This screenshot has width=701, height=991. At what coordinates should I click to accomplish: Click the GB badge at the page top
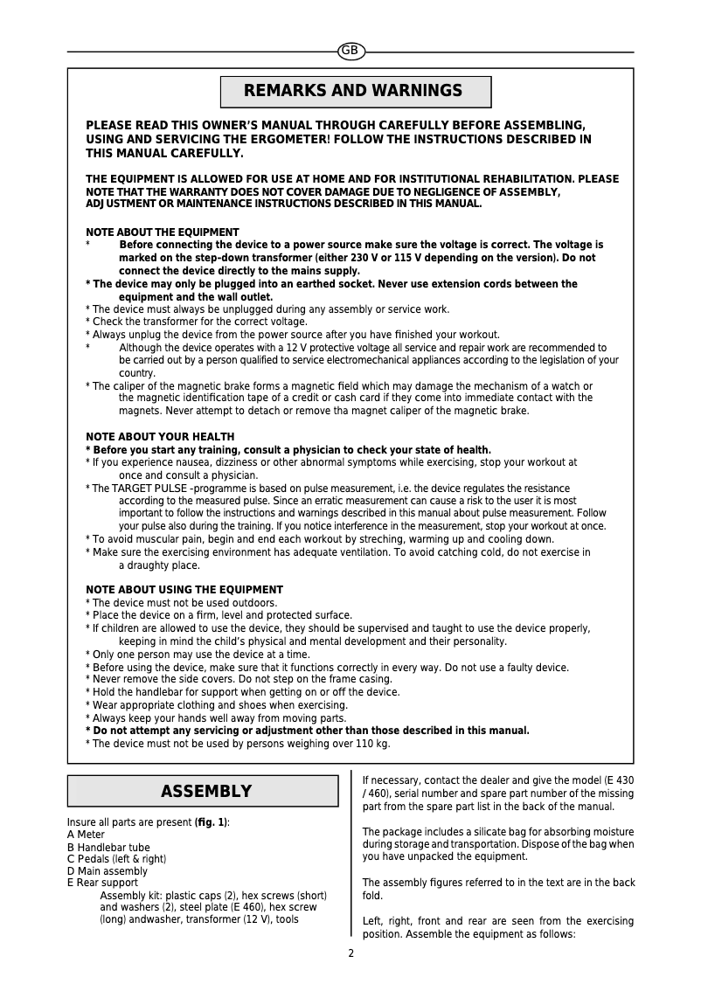coord(350,52)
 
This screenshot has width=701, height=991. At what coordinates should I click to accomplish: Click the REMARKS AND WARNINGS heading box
coord(355,92)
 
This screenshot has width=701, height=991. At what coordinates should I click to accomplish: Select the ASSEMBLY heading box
coord(203,792)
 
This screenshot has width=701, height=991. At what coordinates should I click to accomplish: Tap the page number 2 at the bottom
coord(351,953)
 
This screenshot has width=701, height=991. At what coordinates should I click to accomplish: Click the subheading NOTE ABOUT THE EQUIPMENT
coord(162,232)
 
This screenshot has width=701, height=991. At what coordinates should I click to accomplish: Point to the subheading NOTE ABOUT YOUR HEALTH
coord(160,437)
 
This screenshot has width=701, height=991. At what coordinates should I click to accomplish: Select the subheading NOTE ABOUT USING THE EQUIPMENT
coord(184,590)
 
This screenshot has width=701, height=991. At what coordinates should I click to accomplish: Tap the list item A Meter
coord(86,835)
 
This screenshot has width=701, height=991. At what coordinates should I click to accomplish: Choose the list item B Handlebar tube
coord(108,847)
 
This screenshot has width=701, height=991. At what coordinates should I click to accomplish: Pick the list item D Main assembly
coord(108,871)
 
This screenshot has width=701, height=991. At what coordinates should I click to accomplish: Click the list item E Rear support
coord(102,883)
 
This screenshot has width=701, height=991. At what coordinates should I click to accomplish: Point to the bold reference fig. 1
coord(212,822)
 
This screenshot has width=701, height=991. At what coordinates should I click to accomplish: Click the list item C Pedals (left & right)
coord(116,859)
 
